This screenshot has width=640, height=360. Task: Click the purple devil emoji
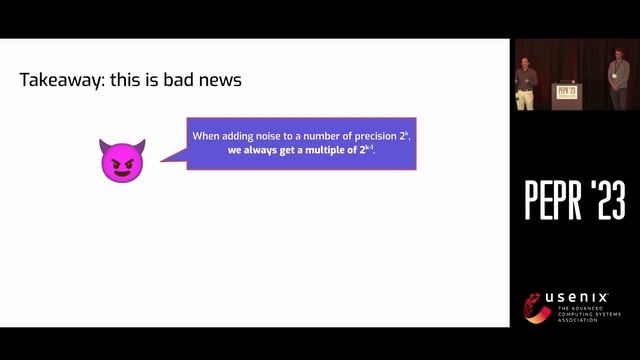pos(122,160)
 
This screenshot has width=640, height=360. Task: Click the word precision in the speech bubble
pos(353,136)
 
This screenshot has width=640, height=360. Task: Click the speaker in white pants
pos(527,85)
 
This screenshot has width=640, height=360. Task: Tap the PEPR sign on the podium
pos(567,92)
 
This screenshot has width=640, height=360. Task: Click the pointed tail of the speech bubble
pos(168,157)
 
